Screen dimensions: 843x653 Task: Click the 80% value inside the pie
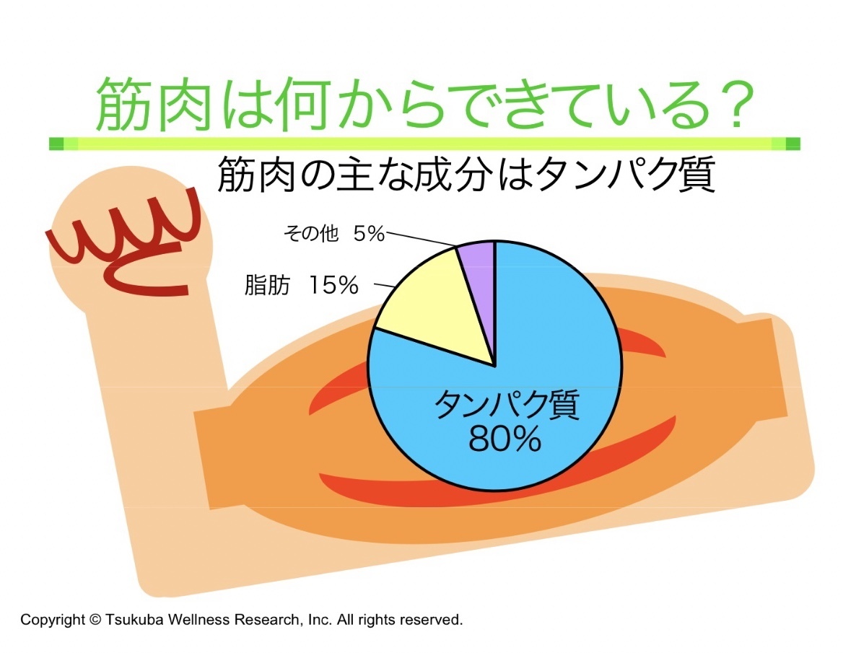pos(505,439)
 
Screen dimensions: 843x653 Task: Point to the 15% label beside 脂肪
pos(333,285)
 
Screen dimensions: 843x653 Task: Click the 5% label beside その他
pos(369,234)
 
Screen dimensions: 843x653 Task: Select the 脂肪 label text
pos(266,285)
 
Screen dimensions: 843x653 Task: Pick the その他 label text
pos(311,234)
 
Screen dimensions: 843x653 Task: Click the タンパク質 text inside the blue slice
pos(507,406)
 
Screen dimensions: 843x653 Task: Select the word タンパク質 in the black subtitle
pos(626,174)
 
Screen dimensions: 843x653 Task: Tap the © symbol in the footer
pos(95,620)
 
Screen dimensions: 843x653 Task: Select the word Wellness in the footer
pos(199,620)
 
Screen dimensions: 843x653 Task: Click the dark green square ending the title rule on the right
pos(793,144)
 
